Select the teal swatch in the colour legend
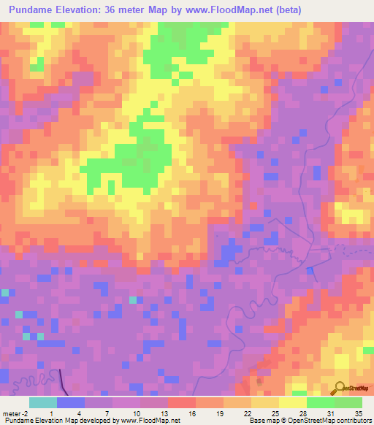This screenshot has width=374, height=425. [43, 402]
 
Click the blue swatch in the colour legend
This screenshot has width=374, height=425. [71, 402]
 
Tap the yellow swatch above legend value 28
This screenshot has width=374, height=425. [292, 402]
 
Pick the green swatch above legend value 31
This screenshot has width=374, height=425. [320, 402]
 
